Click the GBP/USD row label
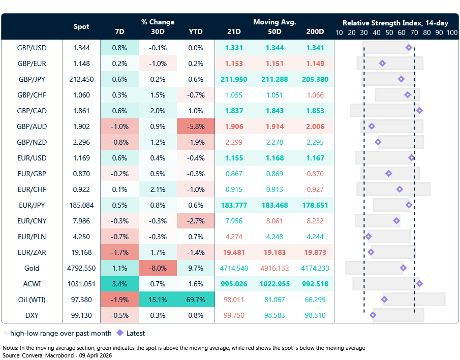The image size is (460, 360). coord(32,48)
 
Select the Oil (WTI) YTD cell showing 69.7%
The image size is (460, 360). coord(195,300)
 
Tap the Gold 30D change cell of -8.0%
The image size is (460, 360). coord(158,268)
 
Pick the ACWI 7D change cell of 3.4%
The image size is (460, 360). coord(119,284)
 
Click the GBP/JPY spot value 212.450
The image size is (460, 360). coord(81,79)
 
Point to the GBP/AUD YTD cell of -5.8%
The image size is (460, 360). coord(195,126)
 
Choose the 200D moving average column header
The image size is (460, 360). coord(315,31)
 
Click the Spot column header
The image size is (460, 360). coord(81,26)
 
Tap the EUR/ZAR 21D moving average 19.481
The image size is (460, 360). coord(234,252)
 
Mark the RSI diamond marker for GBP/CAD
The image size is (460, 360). coord(419,111)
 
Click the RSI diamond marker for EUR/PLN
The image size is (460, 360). coord(369,237)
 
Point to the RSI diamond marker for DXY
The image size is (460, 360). coord(373,315)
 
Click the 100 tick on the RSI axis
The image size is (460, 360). coord(452,32)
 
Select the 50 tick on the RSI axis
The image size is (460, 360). coord(389,32)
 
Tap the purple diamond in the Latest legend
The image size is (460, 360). coord(120,334)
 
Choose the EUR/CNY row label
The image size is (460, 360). coord(32,221)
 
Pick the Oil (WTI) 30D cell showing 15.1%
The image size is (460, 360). coord(158,300)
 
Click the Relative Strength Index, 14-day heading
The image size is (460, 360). coord(395,23)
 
